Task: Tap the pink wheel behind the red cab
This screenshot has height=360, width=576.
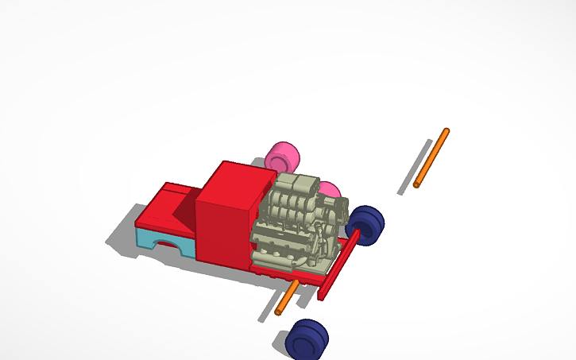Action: click(x=281, y=156)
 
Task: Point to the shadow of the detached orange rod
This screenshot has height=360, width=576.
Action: click(x=415, y=167)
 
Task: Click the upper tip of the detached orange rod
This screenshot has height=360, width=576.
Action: click(x=446, y=131)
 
